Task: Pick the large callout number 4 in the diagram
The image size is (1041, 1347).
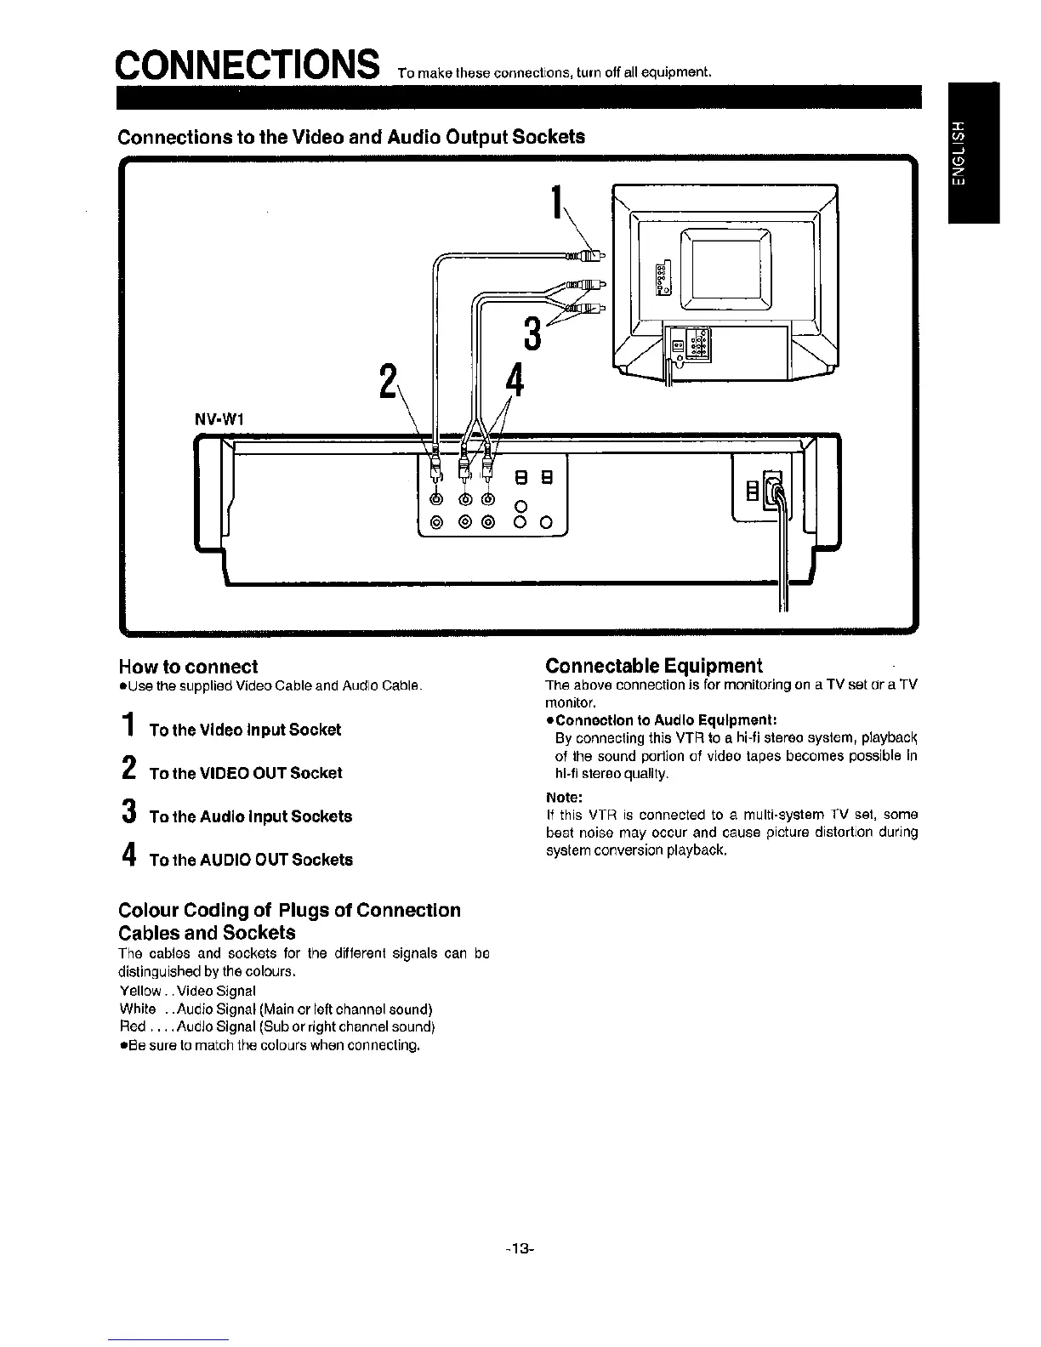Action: [513, 380]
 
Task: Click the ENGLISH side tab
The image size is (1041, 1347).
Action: [959, 153]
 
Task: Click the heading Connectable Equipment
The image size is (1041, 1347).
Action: [654, 665]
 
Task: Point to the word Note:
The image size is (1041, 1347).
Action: [563, 798]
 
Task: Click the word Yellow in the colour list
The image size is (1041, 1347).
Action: [139, 991]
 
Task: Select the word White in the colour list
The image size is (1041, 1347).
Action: [138, 1009]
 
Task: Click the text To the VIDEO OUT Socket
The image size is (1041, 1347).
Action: [246, 773]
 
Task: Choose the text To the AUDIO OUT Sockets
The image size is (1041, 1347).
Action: [251, 860]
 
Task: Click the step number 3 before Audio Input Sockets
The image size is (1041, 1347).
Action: [127, 814]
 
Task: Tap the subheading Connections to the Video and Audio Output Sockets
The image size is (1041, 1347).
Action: [351, 137]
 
